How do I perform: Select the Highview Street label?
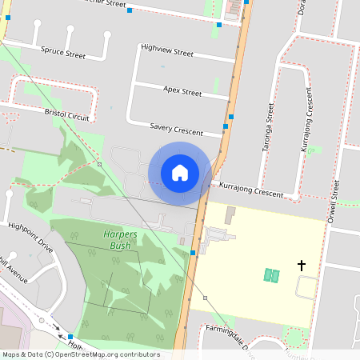(166, 52)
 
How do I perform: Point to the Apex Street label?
(182, 92)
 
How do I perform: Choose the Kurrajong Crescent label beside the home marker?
(252, 189)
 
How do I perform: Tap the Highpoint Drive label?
(30, 237)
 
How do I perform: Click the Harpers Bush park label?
(117, 240)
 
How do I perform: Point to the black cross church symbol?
(302, 265)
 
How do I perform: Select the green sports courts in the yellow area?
(272, 275)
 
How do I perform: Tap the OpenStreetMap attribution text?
(81, 354)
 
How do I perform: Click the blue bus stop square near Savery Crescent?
(226, 126)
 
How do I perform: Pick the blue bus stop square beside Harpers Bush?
(193, 253)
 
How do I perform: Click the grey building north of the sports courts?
(230, 215)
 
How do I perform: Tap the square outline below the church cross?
(306, 286)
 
